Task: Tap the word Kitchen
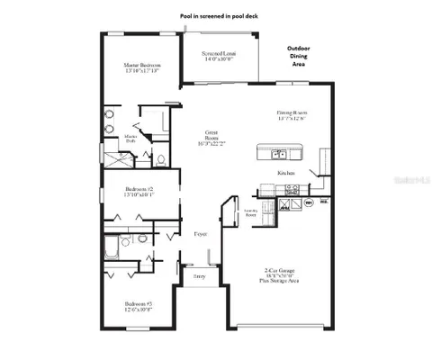pos(287,171)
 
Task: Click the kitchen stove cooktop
pos(291,190)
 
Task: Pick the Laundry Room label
pos(253,214)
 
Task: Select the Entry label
pos(199,276)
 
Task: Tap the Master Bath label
pos(141,137)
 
